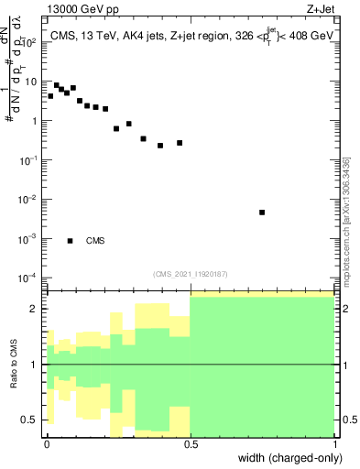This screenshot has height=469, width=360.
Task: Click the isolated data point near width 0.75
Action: pos(262,213)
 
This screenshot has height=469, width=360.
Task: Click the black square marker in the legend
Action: pos(71,241)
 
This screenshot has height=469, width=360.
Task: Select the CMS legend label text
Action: pos(95,241)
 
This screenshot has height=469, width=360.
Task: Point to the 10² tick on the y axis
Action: pos(30,42)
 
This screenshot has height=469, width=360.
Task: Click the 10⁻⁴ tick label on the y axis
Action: pos(30,278)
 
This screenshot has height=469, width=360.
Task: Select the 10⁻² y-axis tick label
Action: pos(30,200)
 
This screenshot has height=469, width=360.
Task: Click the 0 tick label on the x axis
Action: pos(47,442)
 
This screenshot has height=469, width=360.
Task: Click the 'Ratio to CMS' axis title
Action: pos(15,364)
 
